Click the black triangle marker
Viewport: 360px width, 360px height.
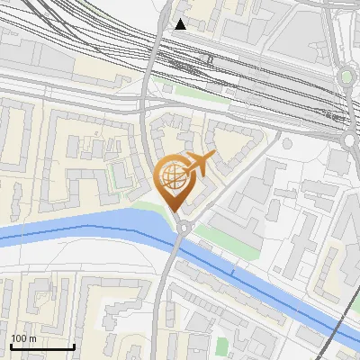[181, 24]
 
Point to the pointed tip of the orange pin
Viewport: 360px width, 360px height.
[175, 214]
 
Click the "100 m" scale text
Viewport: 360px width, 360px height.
[23, 337]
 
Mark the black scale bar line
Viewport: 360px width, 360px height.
[41, 346]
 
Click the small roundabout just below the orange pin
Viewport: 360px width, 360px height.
[184, 229]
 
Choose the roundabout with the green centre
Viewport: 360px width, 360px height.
[346, 77]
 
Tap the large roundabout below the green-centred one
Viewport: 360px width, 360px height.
[352, 139]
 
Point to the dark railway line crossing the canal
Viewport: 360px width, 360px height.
[345, 319]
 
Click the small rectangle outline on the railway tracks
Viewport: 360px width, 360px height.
[210, 58]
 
